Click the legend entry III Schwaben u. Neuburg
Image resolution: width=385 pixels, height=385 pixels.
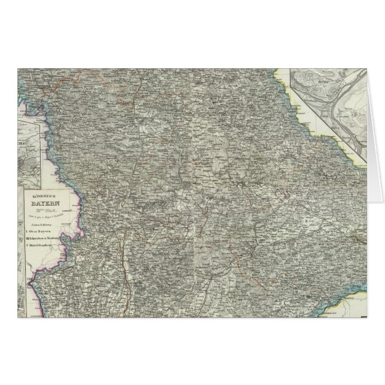coord(48,236)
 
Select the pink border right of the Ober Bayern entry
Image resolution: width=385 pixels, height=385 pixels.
coord(77,227)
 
